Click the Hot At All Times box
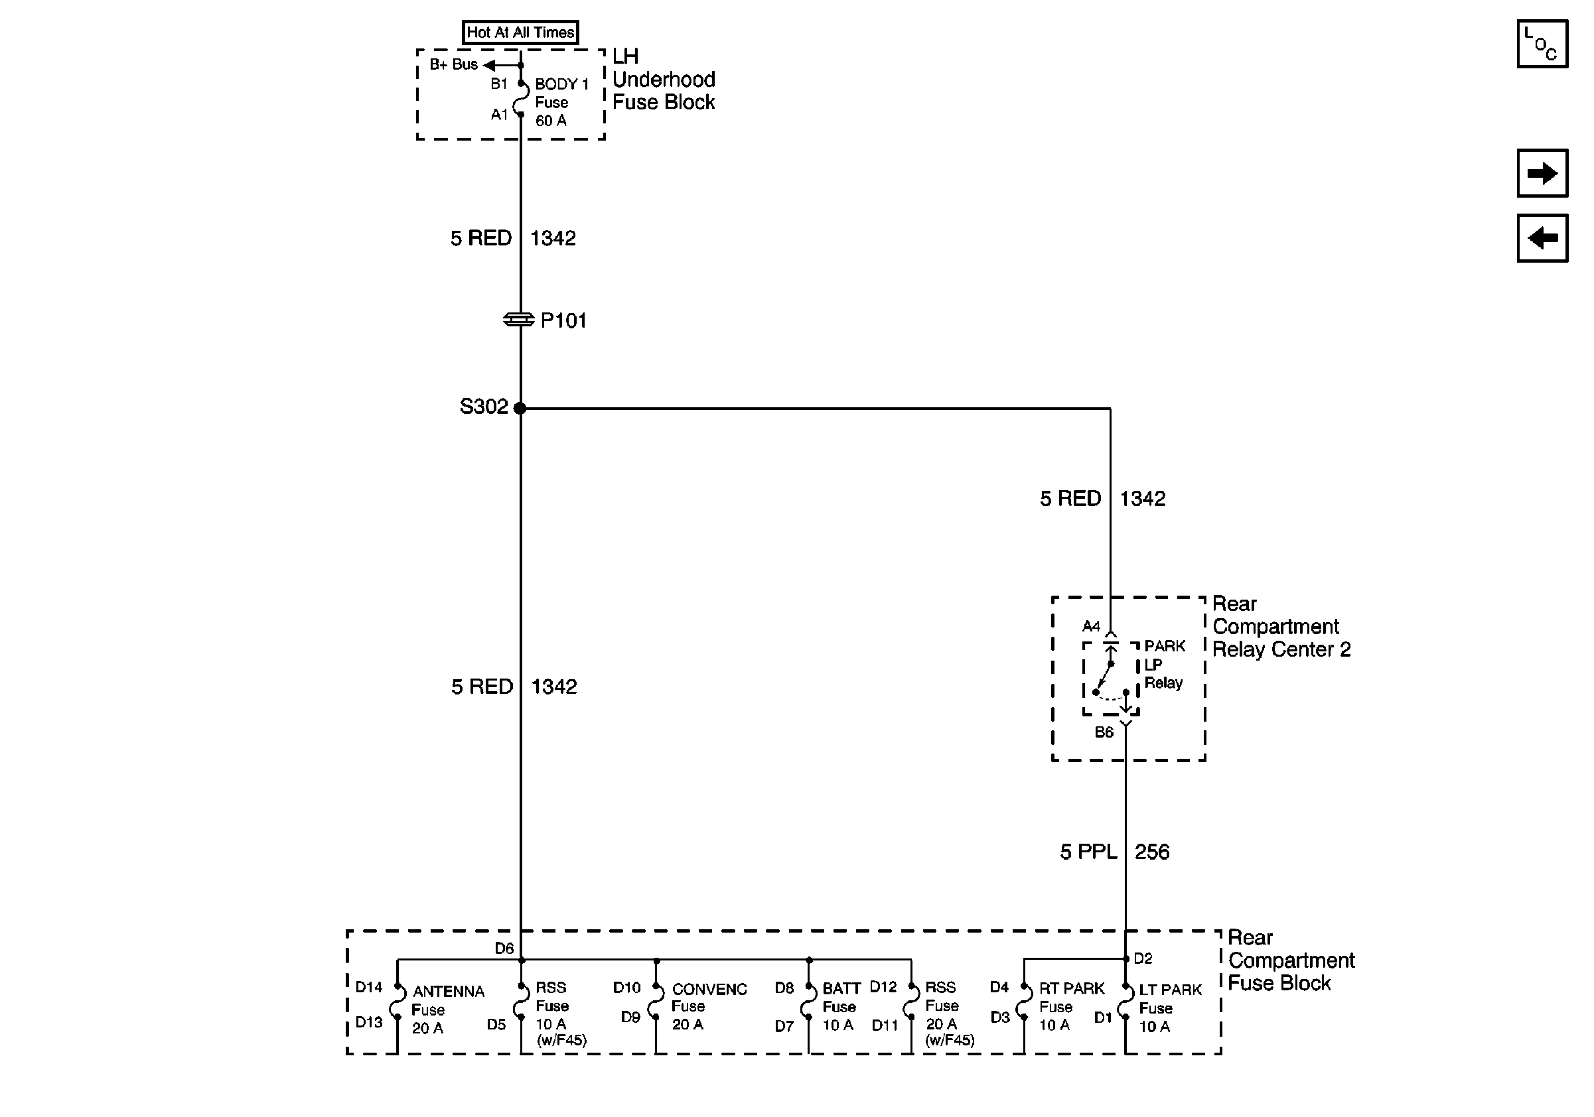(x=520, y=33)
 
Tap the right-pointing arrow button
(x=1542, y=173)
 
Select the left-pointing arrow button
(x=1542, y=238)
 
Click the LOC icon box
(x=1542, y=44)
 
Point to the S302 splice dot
(x=520, y=408)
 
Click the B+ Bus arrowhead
(x=490, y=65)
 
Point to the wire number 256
(x=1152, y=852)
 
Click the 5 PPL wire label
(x=1088, y=852)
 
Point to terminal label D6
(x=504, y=949)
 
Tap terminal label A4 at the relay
(x=1091, y=627)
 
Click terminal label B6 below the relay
(x=1104, y=732)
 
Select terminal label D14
(x=369, y=986)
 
